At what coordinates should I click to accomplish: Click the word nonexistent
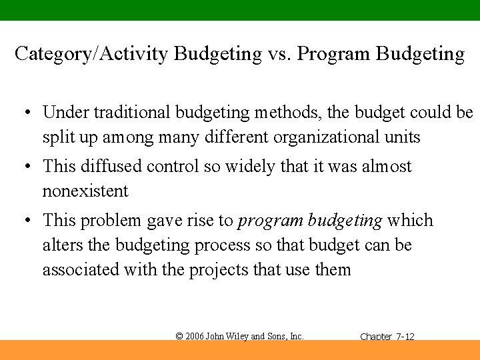point(85,191)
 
